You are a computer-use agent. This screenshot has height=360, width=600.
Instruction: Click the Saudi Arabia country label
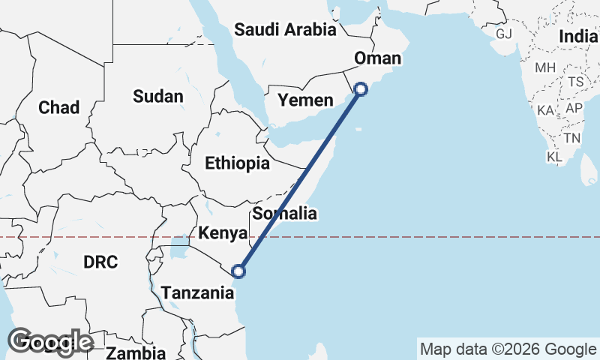click(x=285, y=30)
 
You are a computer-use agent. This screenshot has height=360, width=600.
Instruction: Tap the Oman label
click(x=379, y=58)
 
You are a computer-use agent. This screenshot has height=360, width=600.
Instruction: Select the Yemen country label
click(x=304, y=100)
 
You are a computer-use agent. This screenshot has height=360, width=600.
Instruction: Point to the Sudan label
click(x=157, y=96)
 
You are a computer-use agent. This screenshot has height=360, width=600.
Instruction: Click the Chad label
click(x=58, y=107)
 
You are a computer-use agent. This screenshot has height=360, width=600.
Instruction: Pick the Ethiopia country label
click(x=237, y=163)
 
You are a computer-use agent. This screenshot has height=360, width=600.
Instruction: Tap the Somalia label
click(x=284, y=214)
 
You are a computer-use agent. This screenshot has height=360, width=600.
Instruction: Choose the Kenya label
click(x=223, y=234)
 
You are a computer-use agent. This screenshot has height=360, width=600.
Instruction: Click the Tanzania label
click(x=198, y=293)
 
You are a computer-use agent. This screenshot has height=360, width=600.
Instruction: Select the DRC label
click(x=100, y=262)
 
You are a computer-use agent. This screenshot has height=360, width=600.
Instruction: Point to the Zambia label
click(x=136, y=352)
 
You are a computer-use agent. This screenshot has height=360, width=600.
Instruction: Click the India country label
click(x=578, y=37)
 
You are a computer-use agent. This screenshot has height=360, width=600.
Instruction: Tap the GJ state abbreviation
click(x=503, y=34)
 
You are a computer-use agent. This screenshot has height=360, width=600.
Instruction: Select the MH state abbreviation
click(x=545, y=67)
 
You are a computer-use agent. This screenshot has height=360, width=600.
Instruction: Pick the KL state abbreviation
click(x=555, y=157)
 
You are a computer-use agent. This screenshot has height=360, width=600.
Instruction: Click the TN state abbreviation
click(x=572, y=138)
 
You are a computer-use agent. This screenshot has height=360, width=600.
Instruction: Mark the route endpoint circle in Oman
click(x=361, y=89)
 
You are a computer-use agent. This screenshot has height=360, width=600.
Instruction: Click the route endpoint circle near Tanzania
click(x=238, y=271)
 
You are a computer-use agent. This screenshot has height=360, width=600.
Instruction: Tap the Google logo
click(x=50, y=341)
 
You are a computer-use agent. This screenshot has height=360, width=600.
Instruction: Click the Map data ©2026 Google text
click(x=508, y=349)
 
